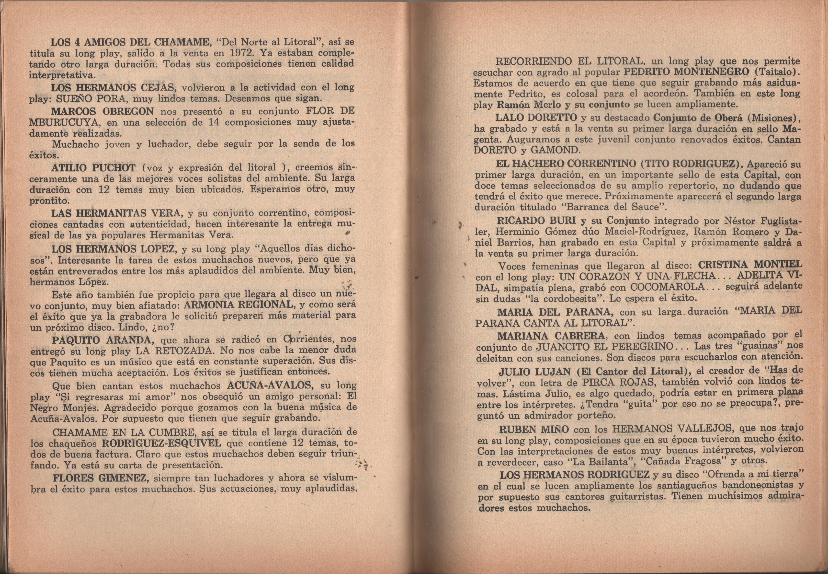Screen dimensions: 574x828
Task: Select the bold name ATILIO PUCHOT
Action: tap(93, 168)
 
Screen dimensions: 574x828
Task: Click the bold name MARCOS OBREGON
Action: tap(103, 111)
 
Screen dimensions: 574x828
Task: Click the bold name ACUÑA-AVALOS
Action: tap(271, 386)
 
